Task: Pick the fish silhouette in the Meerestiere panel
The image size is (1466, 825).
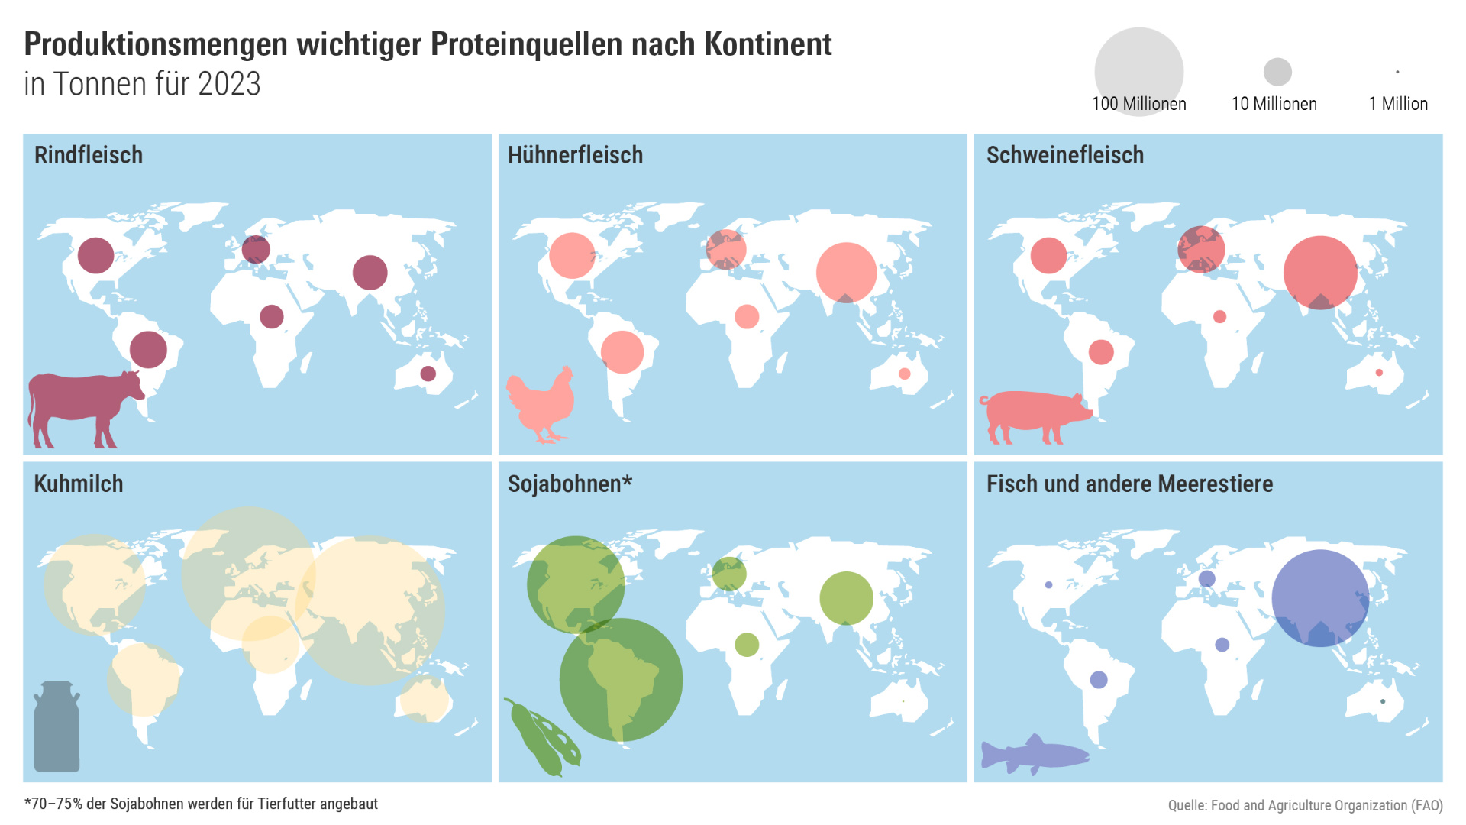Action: (1035, 755)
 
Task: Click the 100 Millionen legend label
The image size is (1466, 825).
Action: (1138, 104)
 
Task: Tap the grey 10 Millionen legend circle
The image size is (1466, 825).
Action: (1277, 72)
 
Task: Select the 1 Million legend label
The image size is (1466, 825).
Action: (1397, 104)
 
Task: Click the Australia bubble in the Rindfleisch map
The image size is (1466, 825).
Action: (428, 374)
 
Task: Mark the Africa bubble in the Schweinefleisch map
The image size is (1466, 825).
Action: (1219, 316)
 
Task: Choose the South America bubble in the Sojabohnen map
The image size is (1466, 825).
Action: (621, 679)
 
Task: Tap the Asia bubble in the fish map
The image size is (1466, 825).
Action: (1320, 598)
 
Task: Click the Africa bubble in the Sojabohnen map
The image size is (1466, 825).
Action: (747, 645)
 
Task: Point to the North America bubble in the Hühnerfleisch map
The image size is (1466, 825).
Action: (572, 255)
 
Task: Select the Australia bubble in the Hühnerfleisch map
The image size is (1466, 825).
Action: (904, 374)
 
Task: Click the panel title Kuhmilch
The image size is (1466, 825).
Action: (79, 484)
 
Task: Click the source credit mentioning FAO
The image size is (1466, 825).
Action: (1305, 805)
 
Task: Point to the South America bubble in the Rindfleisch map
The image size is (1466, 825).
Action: (148, 349)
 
